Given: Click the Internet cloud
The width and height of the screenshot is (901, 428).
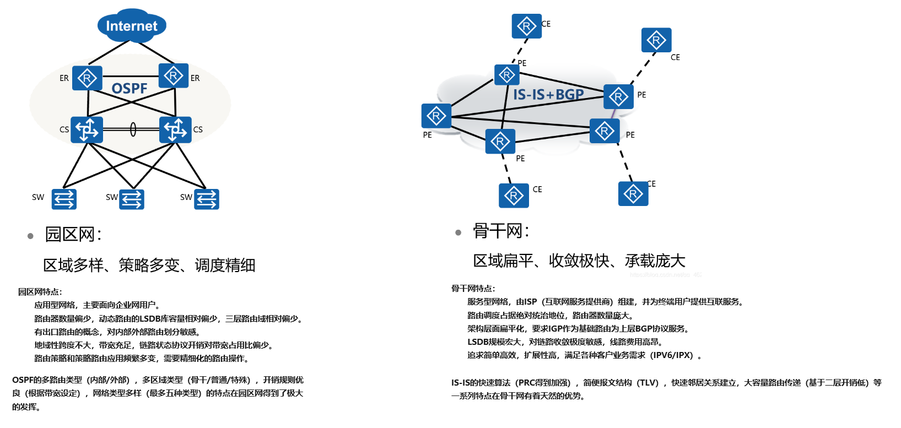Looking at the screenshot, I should click(132, 26).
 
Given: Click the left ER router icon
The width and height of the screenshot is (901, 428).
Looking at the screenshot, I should click(87, 78).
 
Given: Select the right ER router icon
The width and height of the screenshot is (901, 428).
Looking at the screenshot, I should click(174, 75).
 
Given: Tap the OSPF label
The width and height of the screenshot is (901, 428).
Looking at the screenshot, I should click(130, 89).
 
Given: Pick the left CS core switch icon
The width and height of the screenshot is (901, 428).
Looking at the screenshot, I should click(87, 129).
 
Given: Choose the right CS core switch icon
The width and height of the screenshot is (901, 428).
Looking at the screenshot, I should click(175, 129).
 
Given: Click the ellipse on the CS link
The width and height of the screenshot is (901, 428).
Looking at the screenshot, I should click(133, 129).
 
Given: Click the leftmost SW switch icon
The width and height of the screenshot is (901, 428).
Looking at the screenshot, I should click(64, 199).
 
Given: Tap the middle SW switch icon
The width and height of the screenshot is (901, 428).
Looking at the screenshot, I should click(132, 199).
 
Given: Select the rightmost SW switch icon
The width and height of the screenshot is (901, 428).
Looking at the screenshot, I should click(207, 199).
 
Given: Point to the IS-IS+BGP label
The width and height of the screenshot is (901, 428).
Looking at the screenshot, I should click(548, 95).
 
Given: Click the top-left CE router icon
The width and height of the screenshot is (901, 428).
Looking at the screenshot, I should click(526, 26).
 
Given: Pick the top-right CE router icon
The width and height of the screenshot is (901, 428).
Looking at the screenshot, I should click(656, 40).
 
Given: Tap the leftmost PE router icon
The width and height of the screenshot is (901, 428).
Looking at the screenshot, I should click(436, 116).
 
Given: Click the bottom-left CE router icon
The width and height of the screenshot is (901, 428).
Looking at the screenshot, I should click(514, 196).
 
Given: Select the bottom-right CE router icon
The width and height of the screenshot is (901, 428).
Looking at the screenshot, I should click(633, 194).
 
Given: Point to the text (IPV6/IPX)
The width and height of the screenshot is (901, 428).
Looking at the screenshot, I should click(672, 355).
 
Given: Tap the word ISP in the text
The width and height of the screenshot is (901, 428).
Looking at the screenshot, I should click(530, 302).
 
